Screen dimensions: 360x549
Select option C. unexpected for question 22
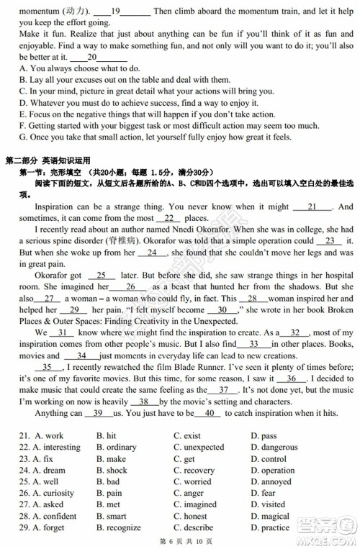199,448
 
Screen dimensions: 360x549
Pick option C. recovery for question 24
194,471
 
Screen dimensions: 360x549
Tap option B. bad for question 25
108,482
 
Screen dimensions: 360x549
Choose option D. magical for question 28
270,517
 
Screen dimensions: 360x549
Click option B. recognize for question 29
118,528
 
